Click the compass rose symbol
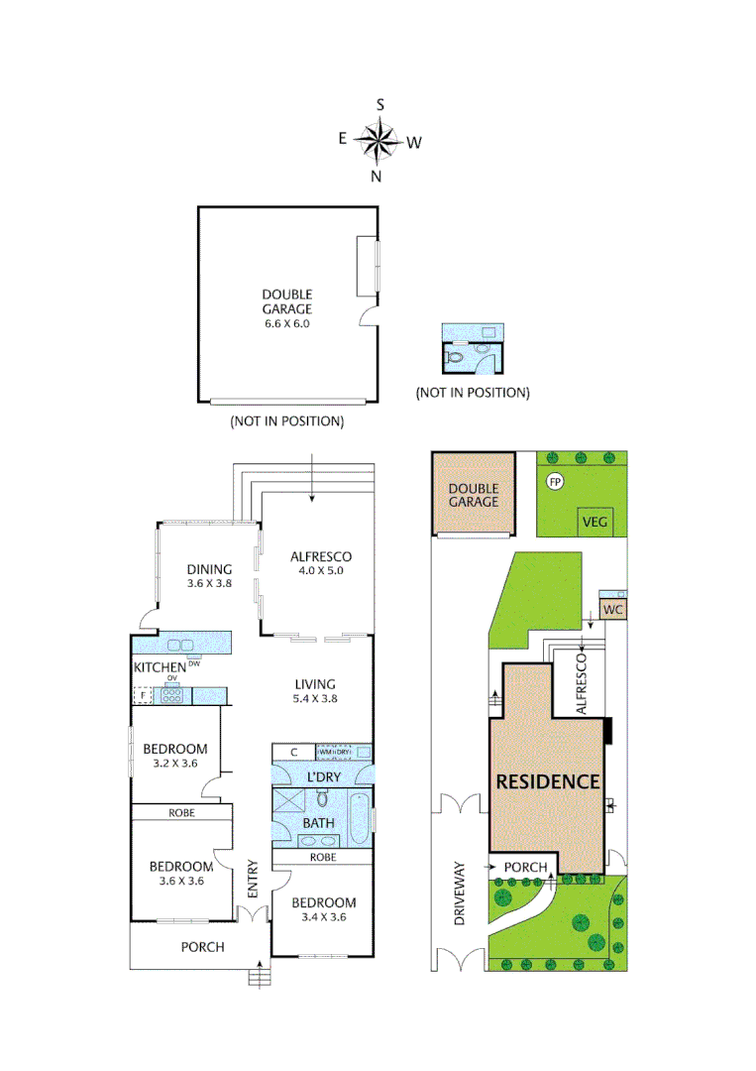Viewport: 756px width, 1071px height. [378, 140]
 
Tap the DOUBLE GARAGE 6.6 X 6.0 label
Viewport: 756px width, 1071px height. [286, 308]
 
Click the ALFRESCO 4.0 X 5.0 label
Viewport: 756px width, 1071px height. [321, 564]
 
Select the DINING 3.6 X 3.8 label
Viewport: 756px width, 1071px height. [209, 576]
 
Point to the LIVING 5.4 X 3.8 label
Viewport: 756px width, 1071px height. [315, 691]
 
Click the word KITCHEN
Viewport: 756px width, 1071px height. [160, 667]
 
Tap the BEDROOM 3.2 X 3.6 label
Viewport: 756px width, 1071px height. [174, 756]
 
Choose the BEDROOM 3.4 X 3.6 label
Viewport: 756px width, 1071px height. [324, 909]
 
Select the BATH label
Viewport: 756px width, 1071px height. [319, 822]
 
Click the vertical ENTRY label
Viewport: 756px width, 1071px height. [252, 879]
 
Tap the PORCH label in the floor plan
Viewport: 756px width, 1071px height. [202, 947]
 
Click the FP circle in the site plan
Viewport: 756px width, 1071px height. [555, 481]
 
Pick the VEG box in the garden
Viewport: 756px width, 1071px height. [594, 522]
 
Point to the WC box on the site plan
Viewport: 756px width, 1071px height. [611, 610]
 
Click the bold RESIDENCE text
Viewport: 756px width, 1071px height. [548, 781]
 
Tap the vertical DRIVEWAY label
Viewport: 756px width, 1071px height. [459, 893]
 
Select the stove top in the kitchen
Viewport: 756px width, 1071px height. [173, 695]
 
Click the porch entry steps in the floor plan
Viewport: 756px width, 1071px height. [259, 977]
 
